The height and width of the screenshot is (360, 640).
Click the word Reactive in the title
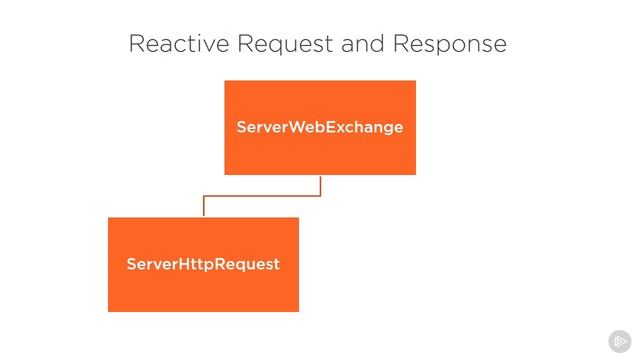(179, 43)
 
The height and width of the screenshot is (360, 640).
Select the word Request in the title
(285, 45)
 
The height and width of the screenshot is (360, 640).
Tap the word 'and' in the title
(363, 43)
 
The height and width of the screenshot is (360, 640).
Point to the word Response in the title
(450, 45)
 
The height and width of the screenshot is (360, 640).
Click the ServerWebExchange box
(320, 128)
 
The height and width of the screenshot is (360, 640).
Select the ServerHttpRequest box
(203, 264)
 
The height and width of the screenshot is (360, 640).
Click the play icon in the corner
(620, 341)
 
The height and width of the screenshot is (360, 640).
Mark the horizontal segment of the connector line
(262, 196)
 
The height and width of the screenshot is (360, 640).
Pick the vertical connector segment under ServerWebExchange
(320, 186)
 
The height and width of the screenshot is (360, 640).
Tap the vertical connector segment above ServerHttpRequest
(204, 206)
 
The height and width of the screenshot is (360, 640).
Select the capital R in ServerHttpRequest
(219, 264)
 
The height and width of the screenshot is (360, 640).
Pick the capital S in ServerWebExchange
(242, 127)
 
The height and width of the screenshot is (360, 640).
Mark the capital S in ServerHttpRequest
(132, 264)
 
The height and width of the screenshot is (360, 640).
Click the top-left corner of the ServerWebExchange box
(224, 80)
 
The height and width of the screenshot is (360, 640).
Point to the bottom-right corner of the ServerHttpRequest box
(299, 312)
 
